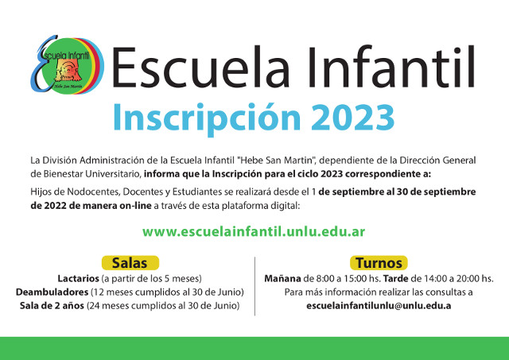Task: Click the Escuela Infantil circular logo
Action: coord(67,64)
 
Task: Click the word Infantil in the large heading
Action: coord(391,68)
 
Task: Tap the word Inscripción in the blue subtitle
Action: coord(207,118)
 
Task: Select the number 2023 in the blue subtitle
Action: coord(353,118)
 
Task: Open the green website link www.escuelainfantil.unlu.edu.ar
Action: coord(254,231)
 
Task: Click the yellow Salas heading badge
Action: coord(130,263)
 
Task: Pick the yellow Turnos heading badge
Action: coord(379,263)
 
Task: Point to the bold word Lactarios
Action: coord(78,279)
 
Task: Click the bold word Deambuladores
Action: coord(52,292)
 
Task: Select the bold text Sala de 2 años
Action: coord(52,306)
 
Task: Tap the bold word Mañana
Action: coord(282,279)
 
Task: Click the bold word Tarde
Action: coord(396,279)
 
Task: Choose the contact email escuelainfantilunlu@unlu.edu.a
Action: coord(379,306)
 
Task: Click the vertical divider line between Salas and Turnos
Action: coord(254,286)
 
